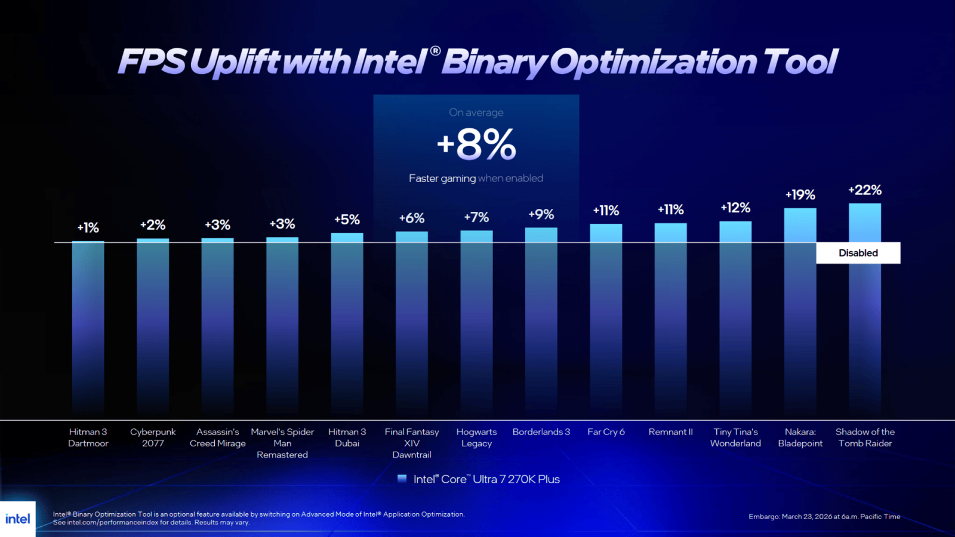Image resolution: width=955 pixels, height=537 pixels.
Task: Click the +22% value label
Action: click(x=864, y=190)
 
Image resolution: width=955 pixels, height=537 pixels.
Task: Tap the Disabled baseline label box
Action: click(x=858, y=253)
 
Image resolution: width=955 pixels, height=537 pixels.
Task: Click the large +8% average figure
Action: click(x=476, y=144)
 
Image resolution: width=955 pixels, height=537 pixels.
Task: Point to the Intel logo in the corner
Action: click(x=18, y=519)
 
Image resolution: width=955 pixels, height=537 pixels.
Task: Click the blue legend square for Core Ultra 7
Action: click(x=402, y=479)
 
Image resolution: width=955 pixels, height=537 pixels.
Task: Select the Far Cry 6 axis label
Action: click(x=606, y=432)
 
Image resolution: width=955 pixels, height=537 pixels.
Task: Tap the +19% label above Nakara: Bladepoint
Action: click(x=800, y=195)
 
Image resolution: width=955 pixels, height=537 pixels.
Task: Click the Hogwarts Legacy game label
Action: click(x=476, y=437)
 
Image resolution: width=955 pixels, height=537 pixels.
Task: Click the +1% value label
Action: click(x=88, y=228)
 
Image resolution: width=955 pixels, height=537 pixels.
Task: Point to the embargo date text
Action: click(x=824, y=517)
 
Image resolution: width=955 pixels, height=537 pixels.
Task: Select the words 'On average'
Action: click(x=476, y=113)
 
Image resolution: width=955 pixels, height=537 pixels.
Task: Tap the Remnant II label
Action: click(x=670, y=432)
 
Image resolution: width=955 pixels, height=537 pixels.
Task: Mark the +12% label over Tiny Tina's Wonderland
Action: click(x=735, y=208)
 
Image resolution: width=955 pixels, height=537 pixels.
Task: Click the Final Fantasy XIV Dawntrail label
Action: click(x=412, y=443)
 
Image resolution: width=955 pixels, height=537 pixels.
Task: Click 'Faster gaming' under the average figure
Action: click(x=442, y=178)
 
